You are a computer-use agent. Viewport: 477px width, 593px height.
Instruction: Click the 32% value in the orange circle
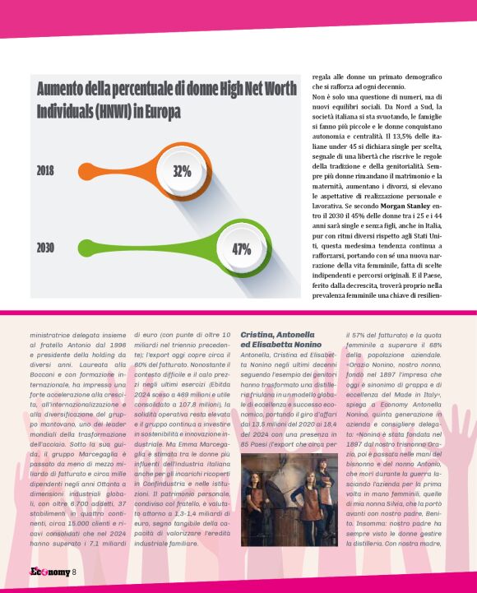(182, 171)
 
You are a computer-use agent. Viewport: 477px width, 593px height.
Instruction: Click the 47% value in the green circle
(241, 249)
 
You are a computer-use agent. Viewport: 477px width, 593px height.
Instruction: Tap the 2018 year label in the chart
(46, 171)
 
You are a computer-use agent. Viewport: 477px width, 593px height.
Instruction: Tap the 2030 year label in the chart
(47, 248)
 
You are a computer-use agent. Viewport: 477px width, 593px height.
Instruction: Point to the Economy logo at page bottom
(36, 572)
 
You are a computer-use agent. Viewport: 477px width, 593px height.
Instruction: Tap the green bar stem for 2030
(132, 248)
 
